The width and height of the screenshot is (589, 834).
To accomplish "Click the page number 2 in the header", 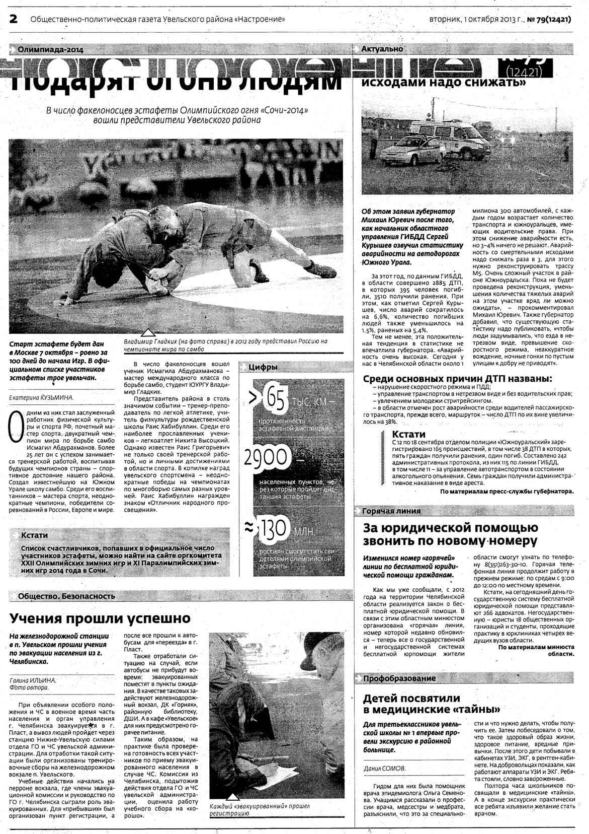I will point(13,19).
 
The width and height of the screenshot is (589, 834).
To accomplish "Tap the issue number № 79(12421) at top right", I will point(550,19).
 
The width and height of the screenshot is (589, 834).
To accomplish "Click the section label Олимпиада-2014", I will point(50,49).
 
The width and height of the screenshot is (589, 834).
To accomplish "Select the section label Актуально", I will point(382,49).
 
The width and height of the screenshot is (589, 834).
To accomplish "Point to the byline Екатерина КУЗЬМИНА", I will point(42,397).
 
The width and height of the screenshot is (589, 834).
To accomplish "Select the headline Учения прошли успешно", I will point(101,618).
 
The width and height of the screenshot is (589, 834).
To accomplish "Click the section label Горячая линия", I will point(391,511).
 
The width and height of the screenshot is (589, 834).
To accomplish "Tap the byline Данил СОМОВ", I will point(384,769).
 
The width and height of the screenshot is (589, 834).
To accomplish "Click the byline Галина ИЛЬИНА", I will point(33,680).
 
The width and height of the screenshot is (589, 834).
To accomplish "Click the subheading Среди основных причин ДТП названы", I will point(457,379).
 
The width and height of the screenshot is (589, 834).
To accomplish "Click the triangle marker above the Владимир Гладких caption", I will point(147,332).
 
